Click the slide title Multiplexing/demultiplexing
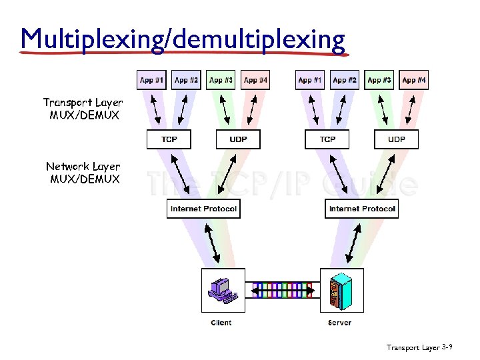183,39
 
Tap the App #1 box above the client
151,80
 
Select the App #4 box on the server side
414,80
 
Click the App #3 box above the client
221,80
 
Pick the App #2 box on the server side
345,80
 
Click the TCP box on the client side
169,139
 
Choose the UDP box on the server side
397,139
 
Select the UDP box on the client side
238,139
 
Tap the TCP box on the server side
327,139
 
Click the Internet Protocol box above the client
203,209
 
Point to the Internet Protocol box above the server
362,209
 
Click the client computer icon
222,290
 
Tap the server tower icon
341,290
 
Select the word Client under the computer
221,323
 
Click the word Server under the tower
340,323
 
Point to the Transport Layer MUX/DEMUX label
83,109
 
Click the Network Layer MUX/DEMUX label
83,173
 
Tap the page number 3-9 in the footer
447,347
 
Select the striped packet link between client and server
282,290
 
